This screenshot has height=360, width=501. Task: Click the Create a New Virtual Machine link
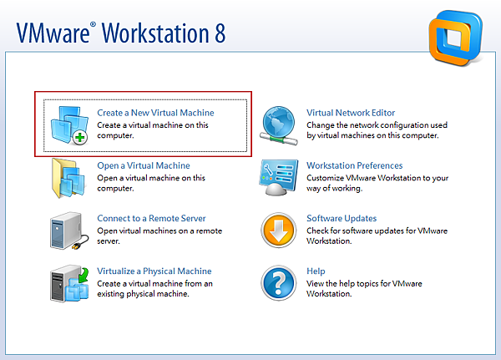click(155, 113)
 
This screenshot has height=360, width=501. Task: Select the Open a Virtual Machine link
click(144, 165)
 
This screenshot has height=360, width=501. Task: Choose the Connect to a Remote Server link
click(151, 218)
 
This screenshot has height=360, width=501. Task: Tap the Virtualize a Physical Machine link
click(154, 271)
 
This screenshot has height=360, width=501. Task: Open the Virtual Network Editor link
click(351, 113)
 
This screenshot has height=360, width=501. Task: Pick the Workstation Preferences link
click(355, 165)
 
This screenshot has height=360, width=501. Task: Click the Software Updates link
click(342, 218)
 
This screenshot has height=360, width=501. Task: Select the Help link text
click(316, 271)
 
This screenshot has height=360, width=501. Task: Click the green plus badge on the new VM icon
click(80, 138)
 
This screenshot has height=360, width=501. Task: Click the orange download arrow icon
click(279, 231)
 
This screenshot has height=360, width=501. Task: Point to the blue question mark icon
click(279, 282)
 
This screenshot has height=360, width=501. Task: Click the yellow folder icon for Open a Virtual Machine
click(68, 178)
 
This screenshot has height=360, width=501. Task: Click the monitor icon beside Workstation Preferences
click(279, 177)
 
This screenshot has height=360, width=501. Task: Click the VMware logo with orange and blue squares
click(456, 38)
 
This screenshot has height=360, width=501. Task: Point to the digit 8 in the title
click(220, 33)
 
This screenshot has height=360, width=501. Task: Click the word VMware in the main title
click(53, 33)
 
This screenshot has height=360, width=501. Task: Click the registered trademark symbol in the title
click(93, 24)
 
